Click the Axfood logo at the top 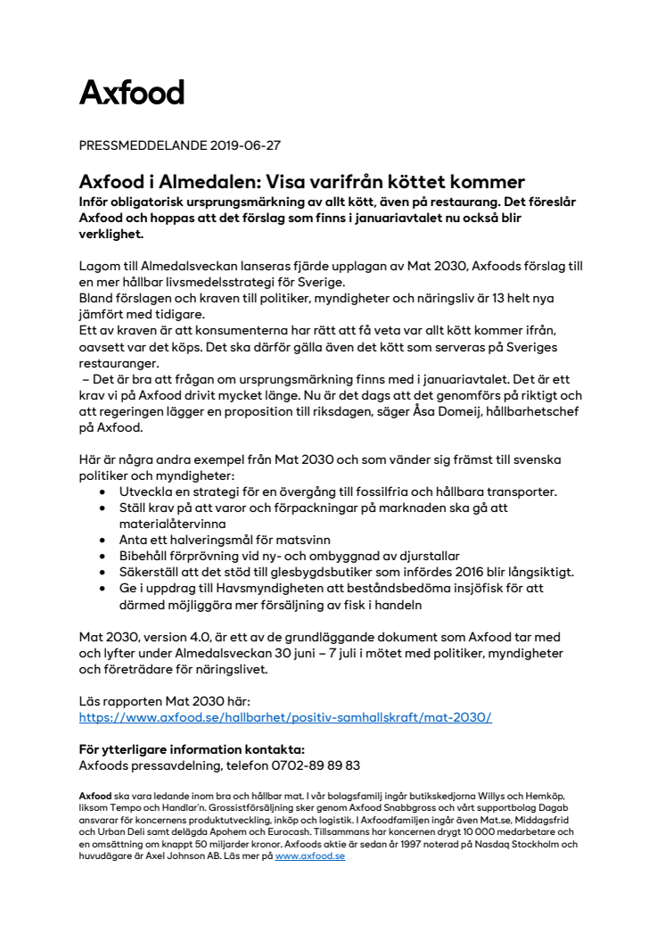(132, 93)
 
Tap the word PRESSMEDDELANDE (144, 145)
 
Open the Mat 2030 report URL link (285, 717)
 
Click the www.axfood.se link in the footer (309, 855)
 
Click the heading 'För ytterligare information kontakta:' (192, 749)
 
